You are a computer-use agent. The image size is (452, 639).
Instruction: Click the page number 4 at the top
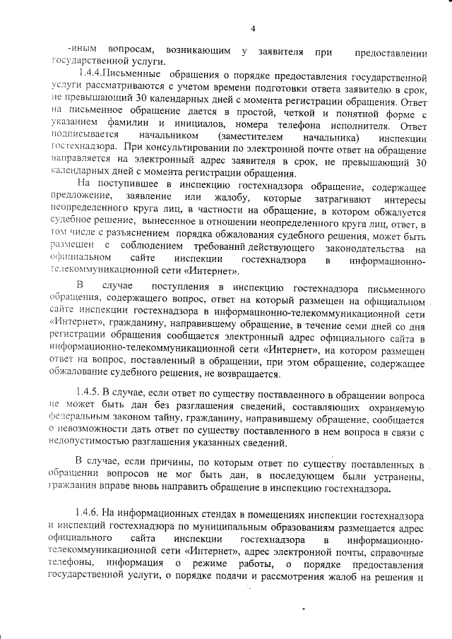coord(252,28)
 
